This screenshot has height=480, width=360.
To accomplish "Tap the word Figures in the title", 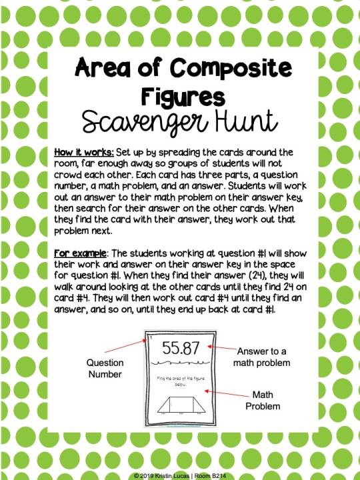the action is [x=180, y=95].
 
